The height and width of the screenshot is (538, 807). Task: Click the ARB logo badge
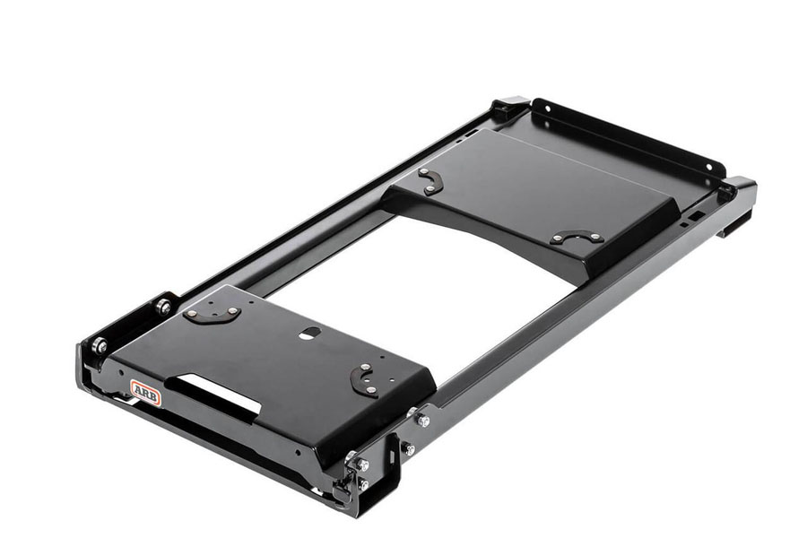(x=145, y=393)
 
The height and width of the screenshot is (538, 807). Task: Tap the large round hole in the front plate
(x=308, y=334)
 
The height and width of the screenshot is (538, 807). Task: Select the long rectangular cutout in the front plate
(x=213, y=393)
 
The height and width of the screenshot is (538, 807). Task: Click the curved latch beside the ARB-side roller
(x=212, y=314)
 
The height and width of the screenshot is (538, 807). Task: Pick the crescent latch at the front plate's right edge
(x=364, y=380)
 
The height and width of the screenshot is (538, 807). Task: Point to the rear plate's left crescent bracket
(x=430, y=181)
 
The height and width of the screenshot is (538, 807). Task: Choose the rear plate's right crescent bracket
(x=577, y=238)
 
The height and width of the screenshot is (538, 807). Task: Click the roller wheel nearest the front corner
(x=100, y=345)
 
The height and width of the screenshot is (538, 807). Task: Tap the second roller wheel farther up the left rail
(x=164, y=307)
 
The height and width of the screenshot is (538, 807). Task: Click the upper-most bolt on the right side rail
(x=423, y=421)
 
